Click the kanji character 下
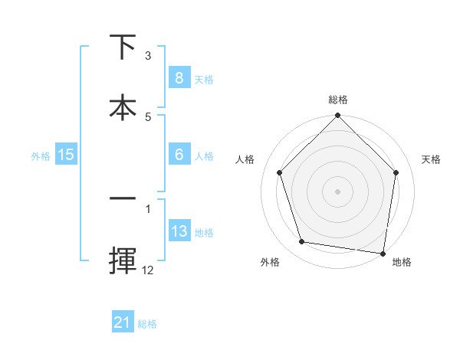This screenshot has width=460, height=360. [x=123, y=47]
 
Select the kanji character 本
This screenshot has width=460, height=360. [x=123, y=106]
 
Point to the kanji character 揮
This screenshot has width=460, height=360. [x=123, y=260]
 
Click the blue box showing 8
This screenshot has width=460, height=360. [x=179, y=77]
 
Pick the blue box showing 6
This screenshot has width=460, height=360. [x=179, y=154]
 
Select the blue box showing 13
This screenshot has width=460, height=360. [x=179, y=231]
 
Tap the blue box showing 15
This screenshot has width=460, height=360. [x=66, y=155]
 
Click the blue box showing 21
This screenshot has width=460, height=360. [x=123, y=322]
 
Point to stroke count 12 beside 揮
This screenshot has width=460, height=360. [x=148, y=270]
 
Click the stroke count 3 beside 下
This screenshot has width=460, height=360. [x=148, y=56]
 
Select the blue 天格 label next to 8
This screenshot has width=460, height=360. [x=204, y=79]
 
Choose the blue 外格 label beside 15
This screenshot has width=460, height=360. [x=41, y=156]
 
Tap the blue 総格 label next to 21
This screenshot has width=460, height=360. [x=147, y=324]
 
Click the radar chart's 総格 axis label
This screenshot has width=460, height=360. [x=338, y=100]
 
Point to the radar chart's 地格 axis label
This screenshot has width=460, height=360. [x=402, y=263]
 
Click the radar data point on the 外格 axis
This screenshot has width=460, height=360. [x=302, y=242]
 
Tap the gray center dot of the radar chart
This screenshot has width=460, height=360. [x=337, y=191]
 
